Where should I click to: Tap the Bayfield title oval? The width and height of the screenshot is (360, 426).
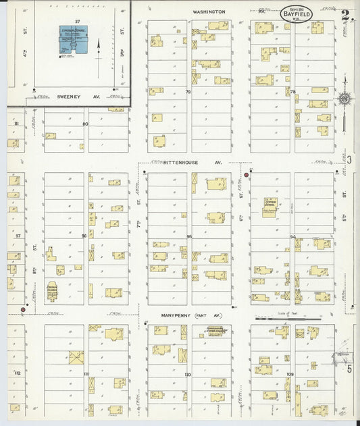(x=296, y=14)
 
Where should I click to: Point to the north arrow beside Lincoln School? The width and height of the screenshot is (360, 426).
(x=99, y=51)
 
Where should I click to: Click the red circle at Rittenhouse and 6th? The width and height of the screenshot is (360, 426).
(x=247, y=174)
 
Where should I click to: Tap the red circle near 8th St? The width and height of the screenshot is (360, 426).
(x=24, y=310)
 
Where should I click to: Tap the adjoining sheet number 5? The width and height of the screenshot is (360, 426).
(x=349, y=369)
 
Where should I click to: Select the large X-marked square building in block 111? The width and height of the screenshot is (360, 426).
(x=76, y=356)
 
